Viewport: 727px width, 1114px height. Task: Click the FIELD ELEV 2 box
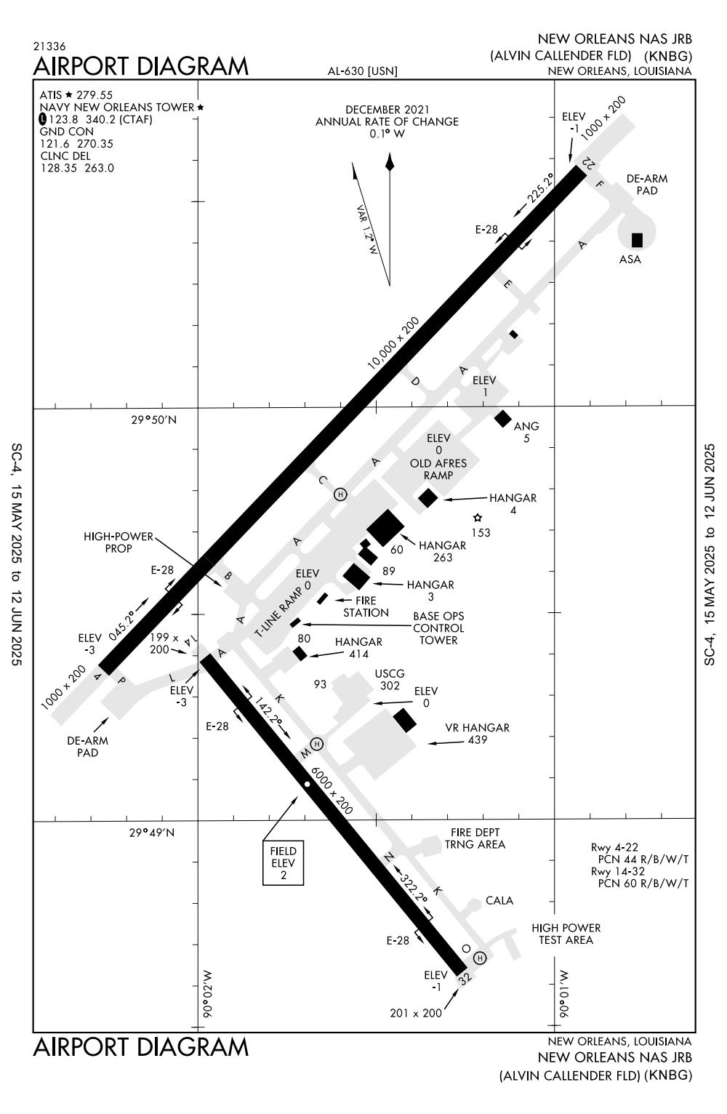(x=284, y=863)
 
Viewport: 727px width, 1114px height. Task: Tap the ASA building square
(x=638, y=240)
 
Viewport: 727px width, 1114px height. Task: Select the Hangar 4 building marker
(x=428, y=498)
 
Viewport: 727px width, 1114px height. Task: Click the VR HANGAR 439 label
(x=477, y=734)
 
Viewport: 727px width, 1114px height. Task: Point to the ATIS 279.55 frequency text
(x=76, y=95)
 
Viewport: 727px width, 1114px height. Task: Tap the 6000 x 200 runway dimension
(x=331, y=790)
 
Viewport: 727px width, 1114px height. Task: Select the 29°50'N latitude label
(x=153, y=420)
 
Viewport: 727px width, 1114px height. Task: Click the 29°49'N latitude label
(x=153, y=832)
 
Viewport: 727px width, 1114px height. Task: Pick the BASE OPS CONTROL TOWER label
(x=438, y=628)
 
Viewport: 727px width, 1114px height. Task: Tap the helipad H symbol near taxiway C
(x=340, y=494)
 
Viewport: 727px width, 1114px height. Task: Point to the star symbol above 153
(x=478, y=518)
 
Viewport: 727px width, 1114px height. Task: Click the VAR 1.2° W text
(x=368, y=230)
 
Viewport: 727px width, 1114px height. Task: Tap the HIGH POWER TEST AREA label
(x=566, y=934)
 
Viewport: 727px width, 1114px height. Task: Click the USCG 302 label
(x=390, y=679)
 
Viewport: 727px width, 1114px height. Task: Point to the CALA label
(x=499, y=900)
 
